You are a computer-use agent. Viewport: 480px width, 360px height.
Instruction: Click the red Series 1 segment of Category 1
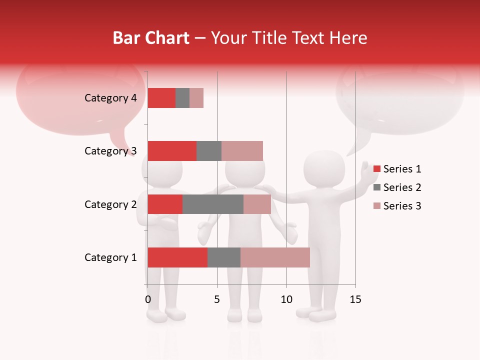point(177,257)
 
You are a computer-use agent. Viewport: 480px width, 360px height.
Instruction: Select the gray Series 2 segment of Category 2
point(213,204)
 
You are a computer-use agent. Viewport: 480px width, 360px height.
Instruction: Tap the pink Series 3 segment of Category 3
point(242,151)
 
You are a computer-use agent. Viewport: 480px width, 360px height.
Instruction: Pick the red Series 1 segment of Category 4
point(161,98)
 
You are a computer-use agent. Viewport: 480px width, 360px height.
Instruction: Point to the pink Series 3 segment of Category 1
point(275,257)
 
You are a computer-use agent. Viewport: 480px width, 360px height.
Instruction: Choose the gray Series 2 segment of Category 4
point(182,98)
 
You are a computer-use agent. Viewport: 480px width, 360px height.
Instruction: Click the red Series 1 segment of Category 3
point(172,151)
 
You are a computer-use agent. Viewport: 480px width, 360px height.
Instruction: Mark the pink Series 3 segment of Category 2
point(257,204)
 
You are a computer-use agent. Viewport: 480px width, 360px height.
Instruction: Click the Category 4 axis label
point(110,98)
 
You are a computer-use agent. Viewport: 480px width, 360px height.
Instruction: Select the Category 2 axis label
point(110,204)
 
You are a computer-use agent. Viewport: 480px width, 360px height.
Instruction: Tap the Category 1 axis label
point(110,257)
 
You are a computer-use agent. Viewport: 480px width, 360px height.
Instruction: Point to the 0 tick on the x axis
point(148,299)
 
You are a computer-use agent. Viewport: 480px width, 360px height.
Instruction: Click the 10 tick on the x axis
point(286,299)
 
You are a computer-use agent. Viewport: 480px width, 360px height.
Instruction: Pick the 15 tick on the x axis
point(355,299)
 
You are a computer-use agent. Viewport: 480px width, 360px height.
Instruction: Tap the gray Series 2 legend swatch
point(376,187)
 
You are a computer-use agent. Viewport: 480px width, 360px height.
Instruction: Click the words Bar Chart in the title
point(151,38)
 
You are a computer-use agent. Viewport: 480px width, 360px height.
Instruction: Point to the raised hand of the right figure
point(370,172)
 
